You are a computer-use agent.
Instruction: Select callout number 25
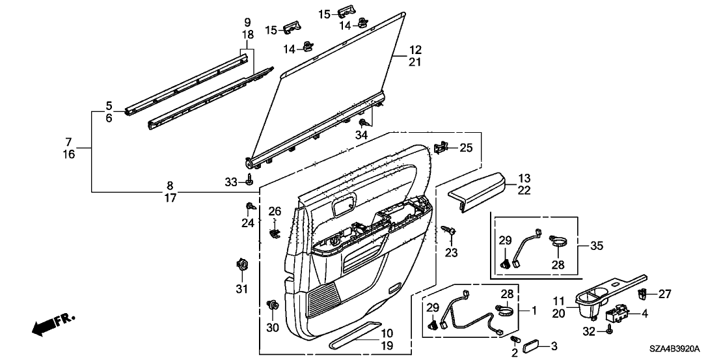point(465,148)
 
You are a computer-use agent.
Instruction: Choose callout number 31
point(242,288)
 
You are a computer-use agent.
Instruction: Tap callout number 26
point(275,211)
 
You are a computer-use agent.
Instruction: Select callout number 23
point(452,251)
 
